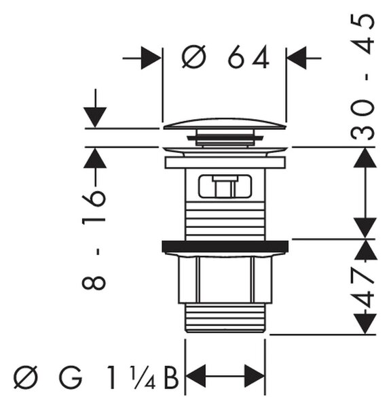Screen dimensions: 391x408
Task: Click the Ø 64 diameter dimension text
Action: (225, 57)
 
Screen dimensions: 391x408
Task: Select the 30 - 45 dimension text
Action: (362, 77)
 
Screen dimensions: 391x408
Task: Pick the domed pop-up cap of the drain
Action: (225, 124)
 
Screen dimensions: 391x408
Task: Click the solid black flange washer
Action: (225, 246)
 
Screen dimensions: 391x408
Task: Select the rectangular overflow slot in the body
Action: (225, 186)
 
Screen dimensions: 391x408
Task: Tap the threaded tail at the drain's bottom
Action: (225, 318)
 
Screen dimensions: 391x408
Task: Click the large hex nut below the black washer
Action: (225, 280)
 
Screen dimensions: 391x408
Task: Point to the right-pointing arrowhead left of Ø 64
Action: (151, 58)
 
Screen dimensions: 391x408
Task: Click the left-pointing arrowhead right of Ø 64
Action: (297, 58)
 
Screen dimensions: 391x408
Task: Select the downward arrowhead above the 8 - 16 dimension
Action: (95, 118)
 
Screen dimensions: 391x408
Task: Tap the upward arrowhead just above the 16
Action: (95, 158)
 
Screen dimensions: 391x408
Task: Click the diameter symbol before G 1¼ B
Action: (26, 377)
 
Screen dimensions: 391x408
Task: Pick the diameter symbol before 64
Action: (194, 57)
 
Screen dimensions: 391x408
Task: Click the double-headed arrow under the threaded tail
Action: (225, 376)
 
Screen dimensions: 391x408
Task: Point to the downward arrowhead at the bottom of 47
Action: (365, 324)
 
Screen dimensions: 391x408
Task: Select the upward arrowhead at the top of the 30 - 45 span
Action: (365, 158)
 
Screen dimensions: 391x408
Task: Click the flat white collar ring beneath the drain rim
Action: (225, 163)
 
